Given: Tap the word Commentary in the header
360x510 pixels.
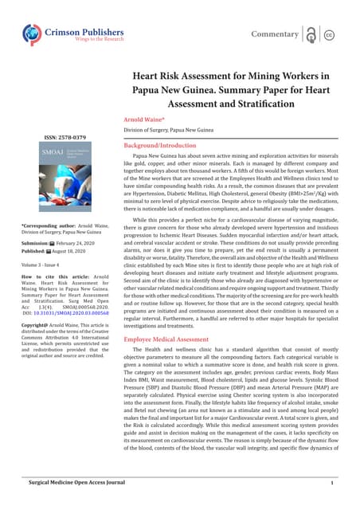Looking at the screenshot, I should click(275, 34).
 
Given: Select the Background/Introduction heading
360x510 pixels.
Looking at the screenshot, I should click(166, 147).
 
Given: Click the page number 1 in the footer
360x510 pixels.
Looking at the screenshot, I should click(331, 482).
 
